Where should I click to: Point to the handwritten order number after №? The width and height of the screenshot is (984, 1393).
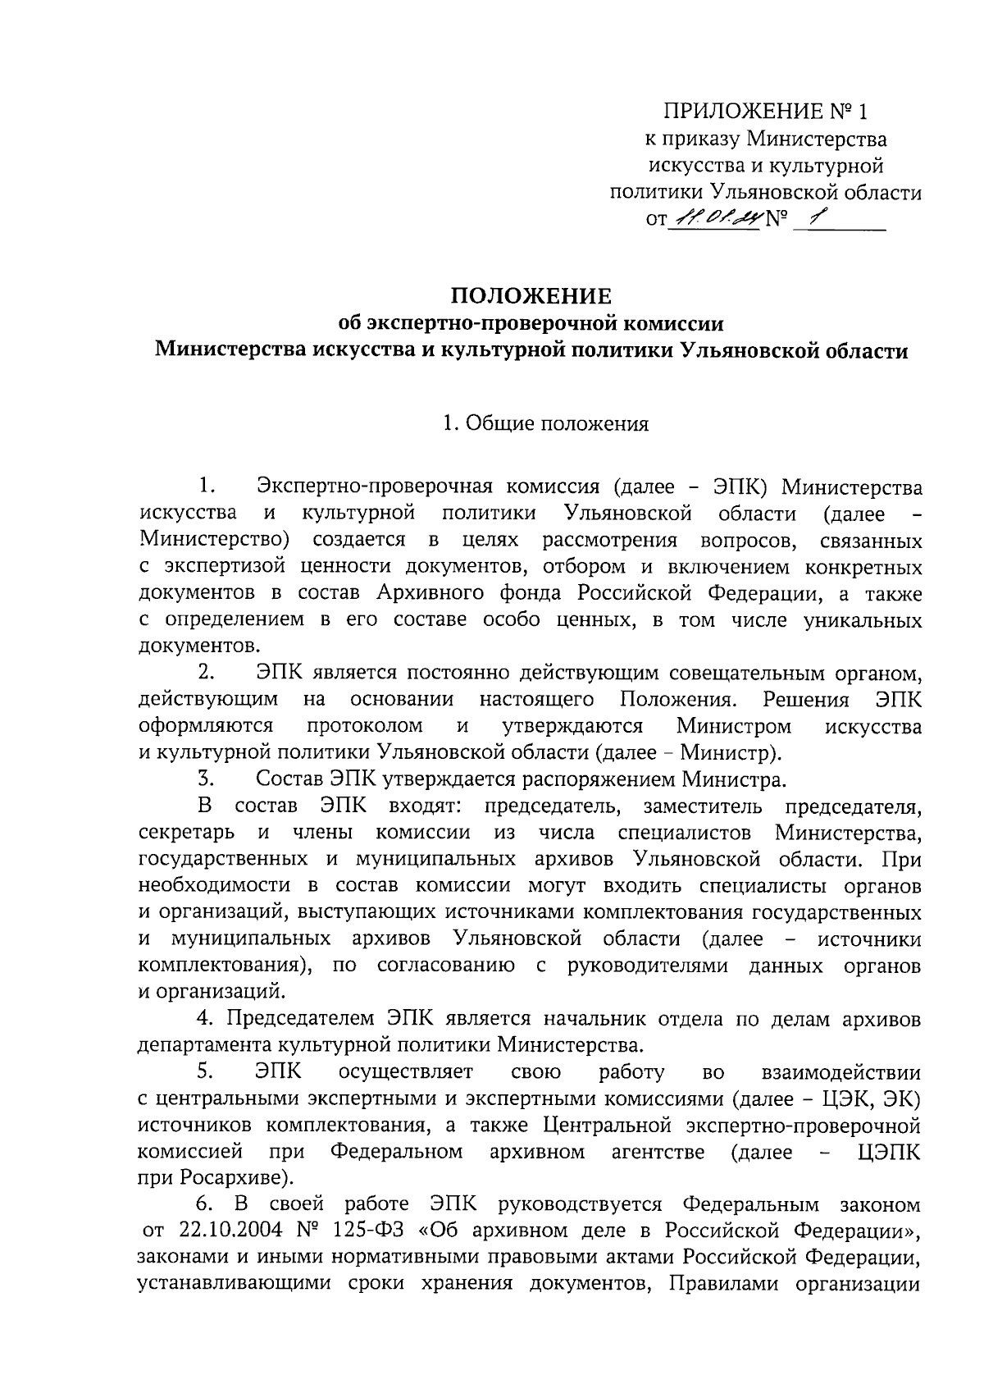click(x=814, y=217)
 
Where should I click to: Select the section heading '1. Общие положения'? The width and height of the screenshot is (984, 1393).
click(x=545, y=424)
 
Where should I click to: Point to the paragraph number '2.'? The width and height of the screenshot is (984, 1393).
click(x=206, y=673)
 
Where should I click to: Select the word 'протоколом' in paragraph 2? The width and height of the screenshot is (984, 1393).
click(x=365, y=726)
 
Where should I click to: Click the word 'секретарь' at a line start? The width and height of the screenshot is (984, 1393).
click(x=187, y=833)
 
